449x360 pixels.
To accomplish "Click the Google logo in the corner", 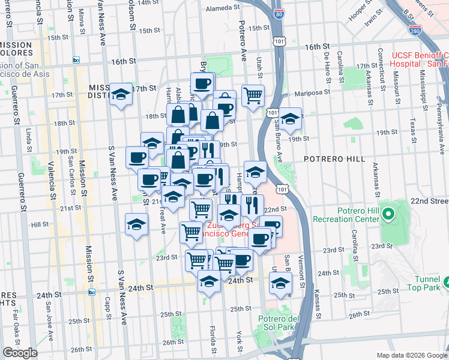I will pyautogui.click(x=20, y=353).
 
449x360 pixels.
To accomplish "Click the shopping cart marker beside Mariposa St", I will pyautogui.click(x=253, y=95).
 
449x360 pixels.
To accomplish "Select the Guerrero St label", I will pyautogui.click(x=21, y=183).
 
